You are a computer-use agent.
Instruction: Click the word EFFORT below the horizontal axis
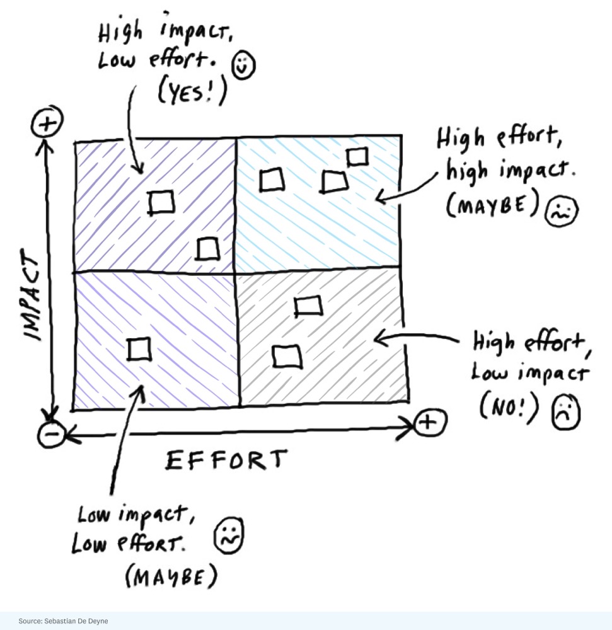(226, 461)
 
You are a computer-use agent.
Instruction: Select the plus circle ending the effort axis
(430, 422)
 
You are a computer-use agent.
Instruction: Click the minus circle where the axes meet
(49, 434)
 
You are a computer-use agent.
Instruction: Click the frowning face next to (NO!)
(565, 413)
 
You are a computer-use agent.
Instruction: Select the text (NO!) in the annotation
(510, 409)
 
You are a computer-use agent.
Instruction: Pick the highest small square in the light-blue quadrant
(357, 156)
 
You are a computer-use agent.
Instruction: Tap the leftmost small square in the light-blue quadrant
(272, 181)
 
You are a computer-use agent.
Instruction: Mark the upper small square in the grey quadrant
(308, 306)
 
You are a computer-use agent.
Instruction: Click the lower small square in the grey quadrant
(287, 357)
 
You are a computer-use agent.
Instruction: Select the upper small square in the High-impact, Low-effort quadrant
(162, 202)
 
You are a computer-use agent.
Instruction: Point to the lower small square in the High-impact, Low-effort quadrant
(208, 249)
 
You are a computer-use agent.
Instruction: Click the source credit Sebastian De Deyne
(63, 621)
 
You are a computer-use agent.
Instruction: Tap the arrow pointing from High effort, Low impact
(416, 341)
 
